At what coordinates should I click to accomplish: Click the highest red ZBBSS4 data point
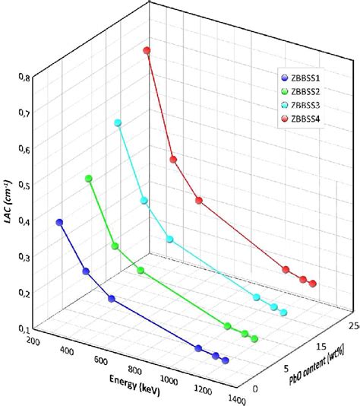tap(147, 51)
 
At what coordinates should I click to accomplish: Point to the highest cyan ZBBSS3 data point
tap(118, 122)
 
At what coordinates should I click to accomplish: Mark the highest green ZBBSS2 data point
tap(89, 179)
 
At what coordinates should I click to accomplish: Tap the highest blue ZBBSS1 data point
tap(59, 223)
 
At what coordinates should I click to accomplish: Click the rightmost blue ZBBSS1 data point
tap(225, 360)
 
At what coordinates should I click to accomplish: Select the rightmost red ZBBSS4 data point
tap(312, 284)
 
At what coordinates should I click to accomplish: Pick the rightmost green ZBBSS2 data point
tap(254, 339)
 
